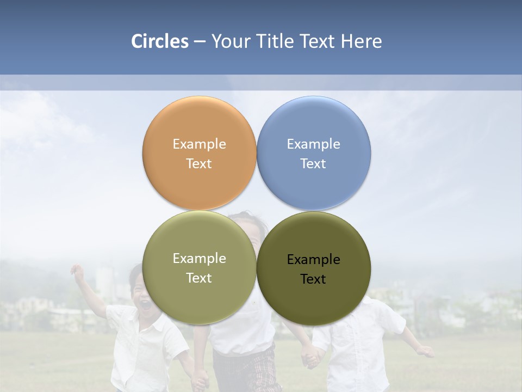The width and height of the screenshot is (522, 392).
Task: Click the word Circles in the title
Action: click(x=160, y=41)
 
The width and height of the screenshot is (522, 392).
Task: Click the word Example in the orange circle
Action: click(x=199, y=144)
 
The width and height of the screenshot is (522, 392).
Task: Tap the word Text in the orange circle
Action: click(x=199, y=163)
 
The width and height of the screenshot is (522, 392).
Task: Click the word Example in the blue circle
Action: click(x=313, y=144)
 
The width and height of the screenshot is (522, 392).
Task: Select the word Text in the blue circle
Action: click(x=313, y=163)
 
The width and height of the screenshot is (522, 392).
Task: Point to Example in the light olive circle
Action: click(x=199, y=258)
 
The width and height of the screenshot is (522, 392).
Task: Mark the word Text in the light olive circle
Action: click(x=199, y=278)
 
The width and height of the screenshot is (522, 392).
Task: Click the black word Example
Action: click(x=313, y=259)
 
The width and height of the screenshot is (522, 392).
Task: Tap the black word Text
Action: click(x=313, y=279)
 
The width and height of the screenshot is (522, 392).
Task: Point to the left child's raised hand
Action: click(x=78, y=272)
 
